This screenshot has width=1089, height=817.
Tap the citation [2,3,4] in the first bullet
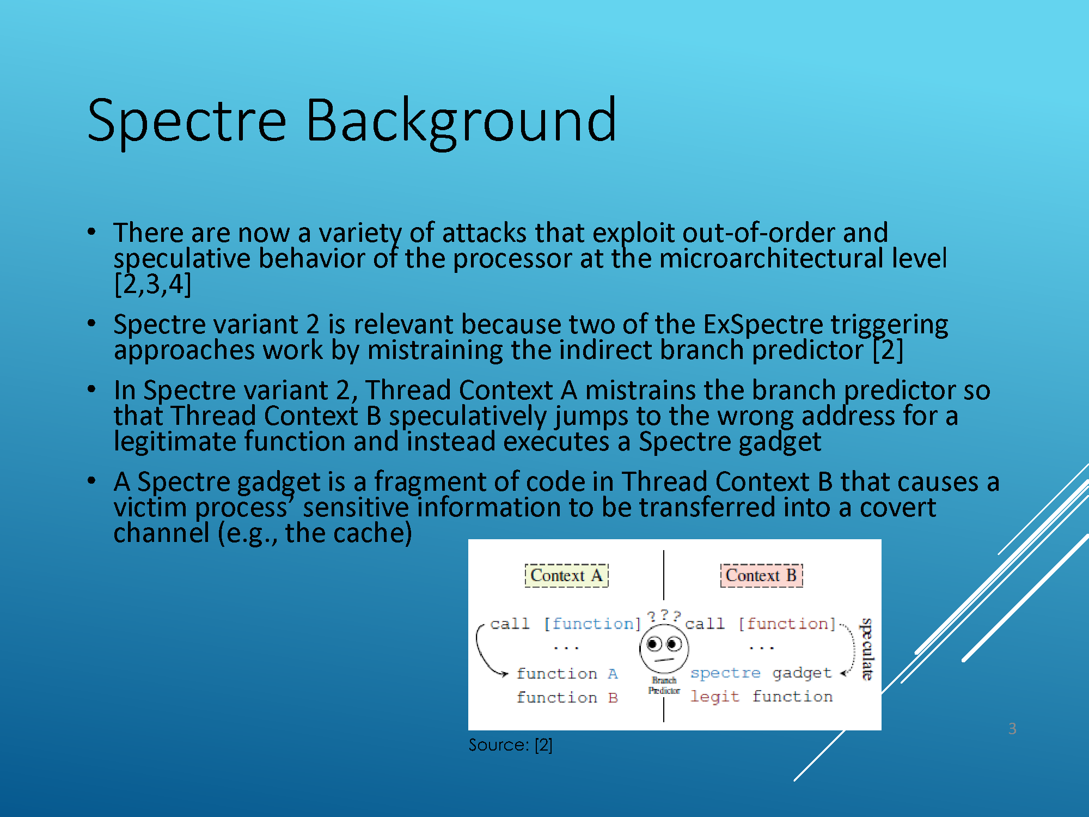click(153, 284)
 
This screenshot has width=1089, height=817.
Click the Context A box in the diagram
click(566, 576)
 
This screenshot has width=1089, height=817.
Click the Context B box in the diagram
click(761, 576)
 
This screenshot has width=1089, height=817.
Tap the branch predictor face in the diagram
click(664, 648)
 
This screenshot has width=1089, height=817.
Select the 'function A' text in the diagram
click(567, 674)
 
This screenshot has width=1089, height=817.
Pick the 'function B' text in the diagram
click(567, 698)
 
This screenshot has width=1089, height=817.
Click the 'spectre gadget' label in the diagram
click(761, 674)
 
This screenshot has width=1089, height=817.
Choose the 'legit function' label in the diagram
click(761, 697)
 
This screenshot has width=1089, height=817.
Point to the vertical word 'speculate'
click(866, 649)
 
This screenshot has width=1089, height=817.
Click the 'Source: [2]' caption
click(510, 745)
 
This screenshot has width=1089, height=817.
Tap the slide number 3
click(1012, 728)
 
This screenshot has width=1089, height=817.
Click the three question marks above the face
click(664, 616)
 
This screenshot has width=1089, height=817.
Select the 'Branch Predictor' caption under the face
click(664, 685)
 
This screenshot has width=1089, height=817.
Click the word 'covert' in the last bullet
click(898, 508)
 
